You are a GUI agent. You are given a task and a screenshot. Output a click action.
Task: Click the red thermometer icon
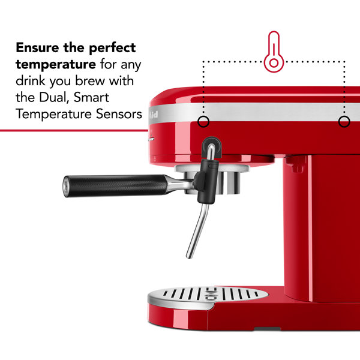coord(274,52)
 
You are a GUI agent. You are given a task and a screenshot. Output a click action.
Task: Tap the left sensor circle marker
coord(203,122)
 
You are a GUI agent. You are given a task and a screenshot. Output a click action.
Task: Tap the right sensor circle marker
coord(344,122)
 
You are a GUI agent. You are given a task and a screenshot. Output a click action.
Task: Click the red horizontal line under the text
coord(72,130)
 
